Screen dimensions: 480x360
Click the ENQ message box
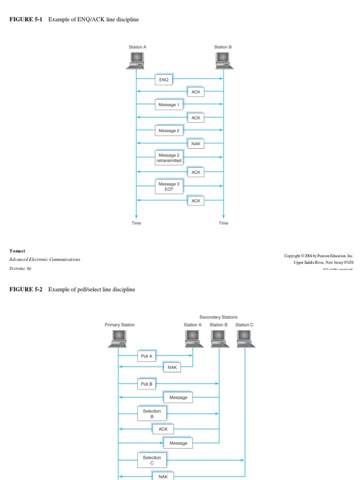pos(164,80)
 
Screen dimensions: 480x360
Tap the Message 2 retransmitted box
pos(169,158)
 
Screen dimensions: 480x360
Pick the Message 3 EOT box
pos(169,187)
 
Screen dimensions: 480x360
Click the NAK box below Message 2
pos(195,144)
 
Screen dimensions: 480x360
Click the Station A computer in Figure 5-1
pos(135,60)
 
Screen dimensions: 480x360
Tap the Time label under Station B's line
pos(223,223)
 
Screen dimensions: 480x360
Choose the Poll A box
pos(146,356)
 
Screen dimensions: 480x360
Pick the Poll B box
pos(146,384)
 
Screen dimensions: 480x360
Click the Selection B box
pos(152,413)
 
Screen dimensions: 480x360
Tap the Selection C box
pos(152,460)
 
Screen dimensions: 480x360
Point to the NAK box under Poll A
pos(172,368)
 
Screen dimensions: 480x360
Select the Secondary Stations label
pos(218,317)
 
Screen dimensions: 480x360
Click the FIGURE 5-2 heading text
pos(72,290)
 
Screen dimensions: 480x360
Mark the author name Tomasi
pos(17,251)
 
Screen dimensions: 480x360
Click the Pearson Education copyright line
pos(319,255)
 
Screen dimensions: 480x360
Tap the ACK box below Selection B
pos(163,429)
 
